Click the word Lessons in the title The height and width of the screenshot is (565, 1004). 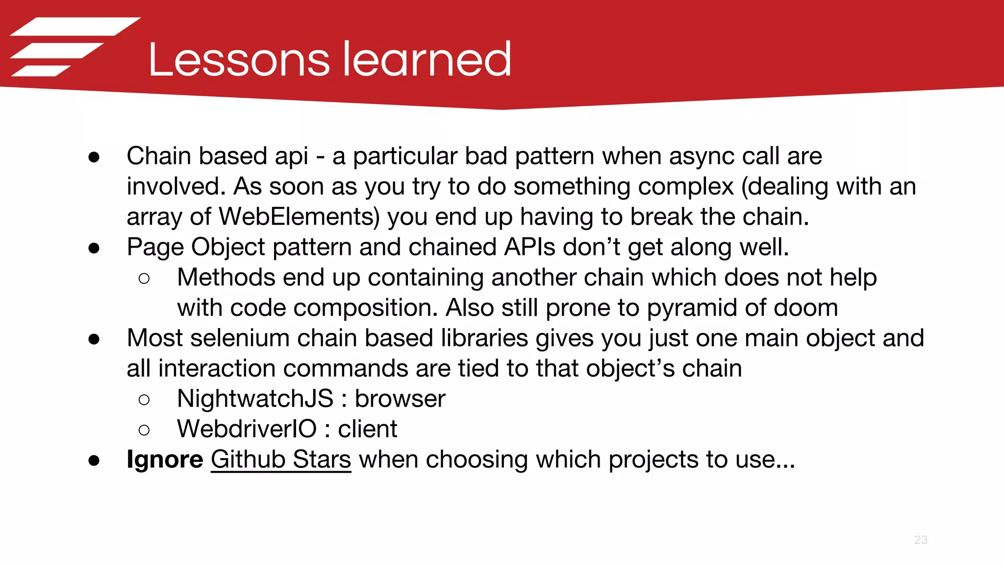239,60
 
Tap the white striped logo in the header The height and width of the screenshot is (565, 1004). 74,47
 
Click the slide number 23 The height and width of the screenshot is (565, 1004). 921,540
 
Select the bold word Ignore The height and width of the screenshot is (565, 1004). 165,460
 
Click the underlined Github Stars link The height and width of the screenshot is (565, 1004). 281,460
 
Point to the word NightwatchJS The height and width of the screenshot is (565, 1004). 255,399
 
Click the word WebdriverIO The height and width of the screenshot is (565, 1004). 247,429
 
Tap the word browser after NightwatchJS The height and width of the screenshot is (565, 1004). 400,399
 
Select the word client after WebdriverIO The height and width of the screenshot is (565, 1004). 367,429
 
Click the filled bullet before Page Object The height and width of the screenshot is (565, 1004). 94,248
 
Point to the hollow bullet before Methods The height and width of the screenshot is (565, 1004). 144,279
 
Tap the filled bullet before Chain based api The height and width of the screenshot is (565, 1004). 94,157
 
